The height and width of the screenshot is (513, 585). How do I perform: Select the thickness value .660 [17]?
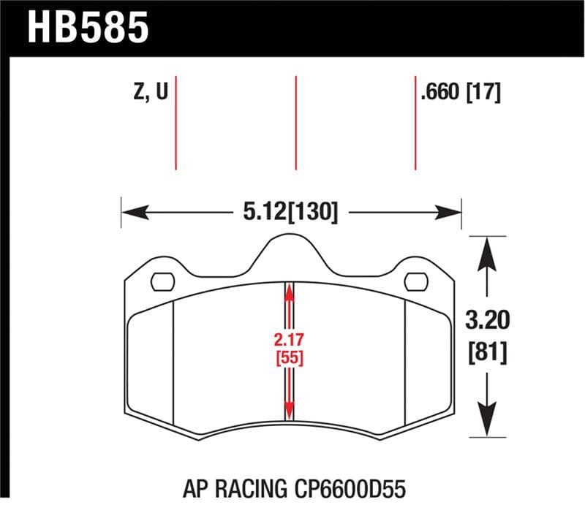pos(460,94)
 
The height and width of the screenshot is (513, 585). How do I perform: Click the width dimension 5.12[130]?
pos(291,213)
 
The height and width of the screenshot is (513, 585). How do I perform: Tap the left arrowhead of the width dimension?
pos(132,213)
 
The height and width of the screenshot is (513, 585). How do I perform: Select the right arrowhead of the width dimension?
pos(451,213)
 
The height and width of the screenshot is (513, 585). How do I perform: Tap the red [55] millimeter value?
pos(290,359)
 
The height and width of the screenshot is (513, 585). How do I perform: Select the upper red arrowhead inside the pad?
pos(290,292)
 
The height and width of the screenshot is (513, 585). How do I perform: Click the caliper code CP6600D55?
pos(347,486)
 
